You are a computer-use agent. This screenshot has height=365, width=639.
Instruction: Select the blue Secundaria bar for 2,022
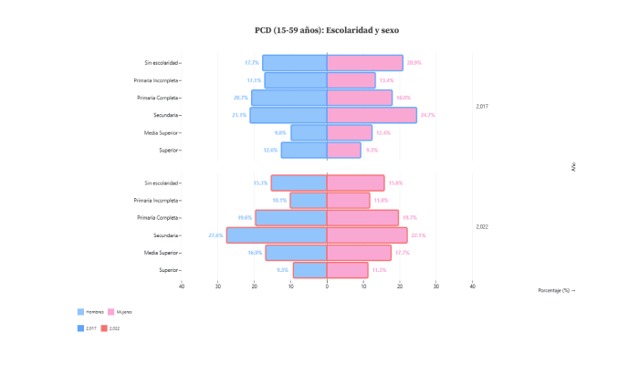[277, 235]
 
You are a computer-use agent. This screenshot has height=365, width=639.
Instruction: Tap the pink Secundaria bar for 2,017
[372, 115]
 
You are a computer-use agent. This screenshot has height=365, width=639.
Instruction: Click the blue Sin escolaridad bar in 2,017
[294, 63]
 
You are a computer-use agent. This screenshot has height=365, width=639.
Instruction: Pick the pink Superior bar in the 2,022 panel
[347, 270]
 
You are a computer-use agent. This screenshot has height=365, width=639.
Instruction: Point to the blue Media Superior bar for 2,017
[309, 132]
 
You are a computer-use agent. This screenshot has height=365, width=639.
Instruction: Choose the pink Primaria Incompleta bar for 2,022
[348, 201]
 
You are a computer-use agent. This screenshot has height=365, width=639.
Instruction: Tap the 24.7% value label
[427, 115]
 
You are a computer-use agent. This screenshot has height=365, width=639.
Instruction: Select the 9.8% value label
[280, 132]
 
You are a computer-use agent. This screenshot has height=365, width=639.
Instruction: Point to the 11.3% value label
[379, 270]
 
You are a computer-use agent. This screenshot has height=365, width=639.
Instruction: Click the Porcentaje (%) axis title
[556, 290]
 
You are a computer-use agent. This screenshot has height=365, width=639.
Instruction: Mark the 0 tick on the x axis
[327, 287]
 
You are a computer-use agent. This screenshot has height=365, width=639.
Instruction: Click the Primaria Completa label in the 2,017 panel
[157, 98]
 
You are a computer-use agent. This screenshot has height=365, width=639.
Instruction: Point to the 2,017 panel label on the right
[483, 107]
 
